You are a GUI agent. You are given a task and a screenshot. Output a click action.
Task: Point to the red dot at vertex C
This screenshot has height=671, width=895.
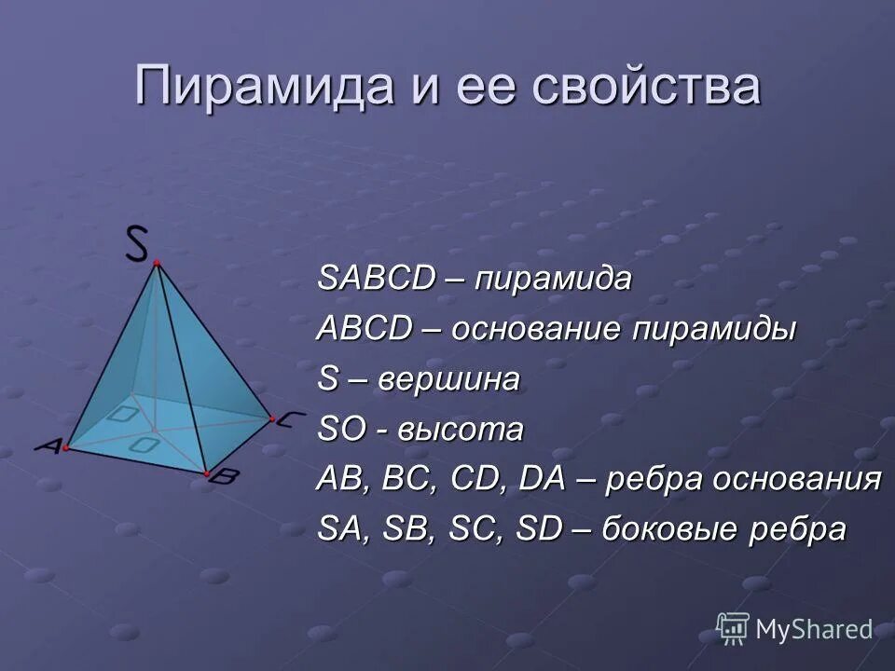(x=271, y=420)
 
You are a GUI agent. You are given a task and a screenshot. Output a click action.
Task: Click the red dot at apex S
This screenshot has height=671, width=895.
(x=157, y=264)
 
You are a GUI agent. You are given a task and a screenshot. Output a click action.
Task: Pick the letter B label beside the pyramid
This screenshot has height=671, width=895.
(x=224, y=476)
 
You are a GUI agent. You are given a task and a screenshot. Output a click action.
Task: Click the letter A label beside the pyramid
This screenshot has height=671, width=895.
(x=48, y=446)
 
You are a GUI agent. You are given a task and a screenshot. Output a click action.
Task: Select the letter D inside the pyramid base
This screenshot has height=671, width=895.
(x=122, y=414)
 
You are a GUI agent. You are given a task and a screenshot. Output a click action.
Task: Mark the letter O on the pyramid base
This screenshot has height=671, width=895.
(x=145, y=445)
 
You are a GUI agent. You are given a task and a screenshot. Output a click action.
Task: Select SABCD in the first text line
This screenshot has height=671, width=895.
(x=377, y=279)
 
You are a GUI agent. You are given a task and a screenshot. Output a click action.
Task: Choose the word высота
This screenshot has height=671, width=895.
(x=461, y=430)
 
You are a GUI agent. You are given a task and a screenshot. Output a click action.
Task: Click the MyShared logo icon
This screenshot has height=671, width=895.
(x=733, y=628)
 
